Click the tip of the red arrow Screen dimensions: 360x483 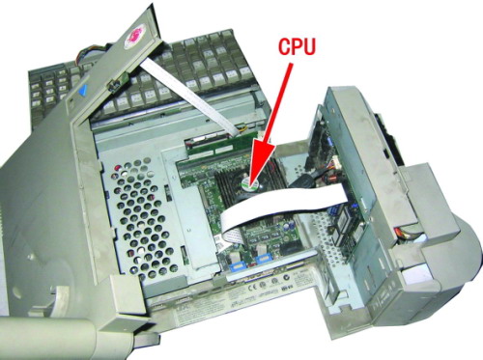click(252, 180)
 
